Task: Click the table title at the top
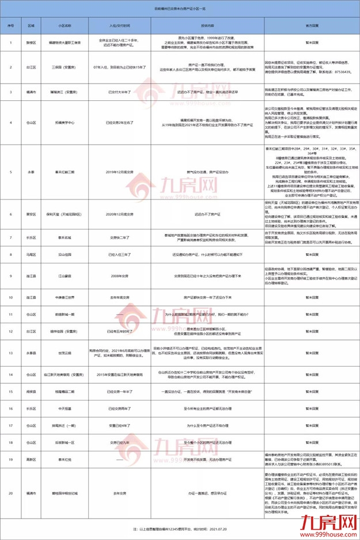tap(179, 10)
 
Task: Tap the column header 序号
tap(10, 26)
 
